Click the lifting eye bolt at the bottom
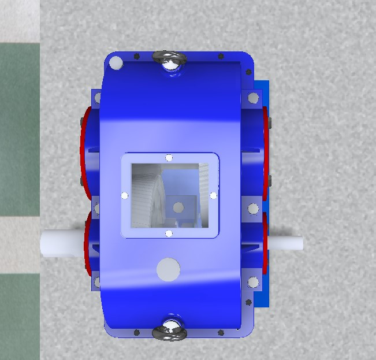pyautogui.click(x=170, y=329)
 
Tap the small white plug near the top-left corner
pyautogui.click(x=116, y=63)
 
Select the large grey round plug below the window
pyautogui.click(x=168, y=269)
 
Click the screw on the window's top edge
pyautogui.click(x=169, y=158)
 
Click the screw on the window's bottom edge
pyautogui.click(x=169, y=233)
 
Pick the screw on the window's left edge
pyautogui.click(x=124, y=195)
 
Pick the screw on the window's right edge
pyautogui.click(x=213, y=195)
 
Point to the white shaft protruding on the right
pyautogui.click(x=286, y=243)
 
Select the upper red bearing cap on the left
pyautogui.click(x=85, y=150)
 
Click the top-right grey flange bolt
pyautogui.click(x=253, y=99)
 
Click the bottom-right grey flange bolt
pyautogui.click(x=253, y=283)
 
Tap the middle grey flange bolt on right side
pyautogui.click(x=253, y=208)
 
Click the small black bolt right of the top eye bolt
pyautogui.click(x=221, y=57)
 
